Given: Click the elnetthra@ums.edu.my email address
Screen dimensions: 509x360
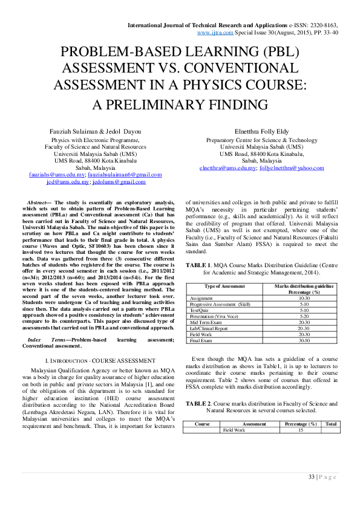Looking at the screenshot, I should (228, 167).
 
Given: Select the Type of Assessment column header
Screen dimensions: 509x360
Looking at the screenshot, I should (224, 286).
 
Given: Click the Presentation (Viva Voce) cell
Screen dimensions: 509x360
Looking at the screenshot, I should (214, 316).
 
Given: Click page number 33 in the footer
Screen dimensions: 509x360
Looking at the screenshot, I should (311, 477).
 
